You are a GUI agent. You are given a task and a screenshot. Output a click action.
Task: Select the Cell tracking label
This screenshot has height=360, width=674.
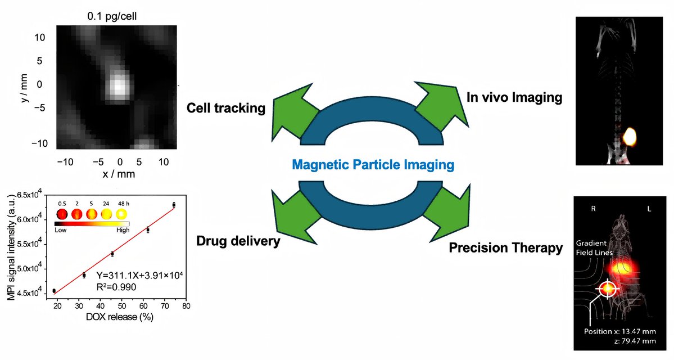[225, 107]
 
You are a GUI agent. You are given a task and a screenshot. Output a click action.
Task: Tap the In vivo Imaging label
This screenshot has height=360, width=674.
[514, 97]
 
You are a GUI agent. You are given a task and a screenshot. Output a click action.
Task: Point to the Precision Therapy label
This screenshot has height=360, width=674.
[506, 247]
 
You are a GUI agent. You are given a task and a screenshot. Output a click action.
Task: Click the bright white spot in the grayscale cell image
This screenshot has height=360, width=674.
[119, 85]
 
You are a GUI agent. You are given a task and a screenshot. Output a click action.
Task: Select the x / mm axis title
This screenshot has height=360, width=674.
[119, 174]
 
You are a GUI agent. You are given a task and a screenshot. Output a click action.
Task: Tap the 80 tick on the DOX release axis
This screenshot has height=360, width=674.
[186, 306]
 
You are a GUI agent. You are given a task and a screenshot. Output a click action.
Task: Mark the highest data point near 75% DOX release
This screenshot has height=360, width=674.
[174, 205]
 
